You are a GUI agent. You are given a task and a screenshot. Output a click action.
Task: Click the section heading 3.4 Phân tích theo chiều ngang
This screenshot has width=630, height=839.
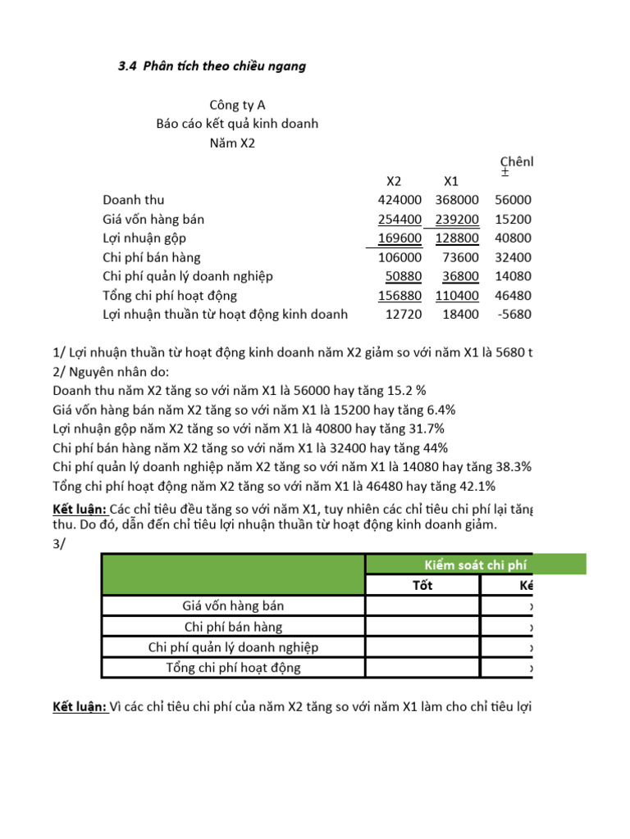point(212,66)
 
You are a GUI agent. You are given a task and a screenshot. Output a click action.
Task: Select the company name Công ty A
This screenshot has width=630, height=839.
point(237,105)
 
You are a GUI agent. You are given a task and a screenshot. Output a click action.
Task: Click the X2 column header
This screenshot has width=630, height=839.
point(394,181)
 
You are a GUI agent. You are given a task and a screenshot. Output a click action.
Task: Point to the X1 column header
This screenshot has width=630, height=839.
point(450,181)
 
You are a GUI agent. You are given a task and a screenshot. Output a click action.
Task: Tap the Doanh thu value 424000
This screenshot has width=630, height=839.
point(399,200)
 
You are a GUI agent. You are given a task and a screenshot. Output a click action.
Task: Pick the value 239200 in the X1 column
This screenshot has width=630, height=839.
point(456,220)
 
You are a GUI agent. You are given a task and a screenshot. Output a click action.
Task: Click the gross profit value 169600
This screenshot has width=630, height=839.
point(399,238)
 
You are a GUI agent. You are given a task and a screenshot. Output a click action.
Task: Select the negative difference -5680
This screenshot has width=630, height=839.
point(515,315)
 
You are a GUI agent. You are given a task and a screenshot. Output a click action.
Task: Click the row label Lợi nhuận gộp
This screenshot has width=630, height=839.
point(144,238)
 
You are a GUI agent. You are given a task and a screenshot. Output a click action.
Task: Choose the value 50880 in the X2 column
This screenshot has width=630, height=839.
point(403,277)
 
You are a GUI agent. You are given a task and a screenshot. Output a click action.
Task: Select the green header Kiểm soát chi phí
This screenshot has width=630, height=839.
point(475,564)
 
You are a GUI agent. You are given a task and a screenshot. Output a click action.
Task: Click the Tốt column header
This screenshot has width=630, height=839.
point(422,585)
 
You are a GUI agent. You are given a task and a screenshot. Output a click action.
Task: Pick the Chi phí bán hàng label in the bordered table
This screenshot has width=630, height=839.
point(233,627)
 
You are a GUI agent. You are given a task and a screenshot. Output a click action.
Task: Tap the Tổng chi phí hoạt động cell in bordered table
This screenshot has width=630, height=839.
point(233,668)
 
